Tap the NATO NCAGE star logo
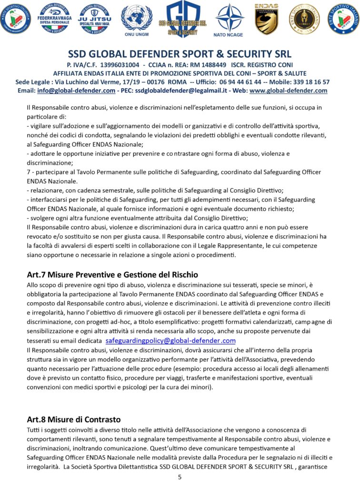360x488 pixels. point(229,19)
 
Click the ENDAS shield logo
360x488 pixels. point(266,19)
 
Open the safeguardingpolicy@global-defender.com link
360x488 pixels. point(170,341)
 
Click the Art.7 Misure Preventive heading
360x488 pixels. point(112,274)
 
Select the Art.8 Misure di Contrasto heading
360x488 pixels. point(74,419)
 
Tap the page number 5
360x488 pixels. point(180,477)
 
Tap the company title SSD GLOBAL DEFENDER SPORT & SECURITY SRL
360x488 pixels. point(180,53)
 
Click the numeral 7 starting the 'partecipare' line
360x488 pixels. point(29,172)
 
